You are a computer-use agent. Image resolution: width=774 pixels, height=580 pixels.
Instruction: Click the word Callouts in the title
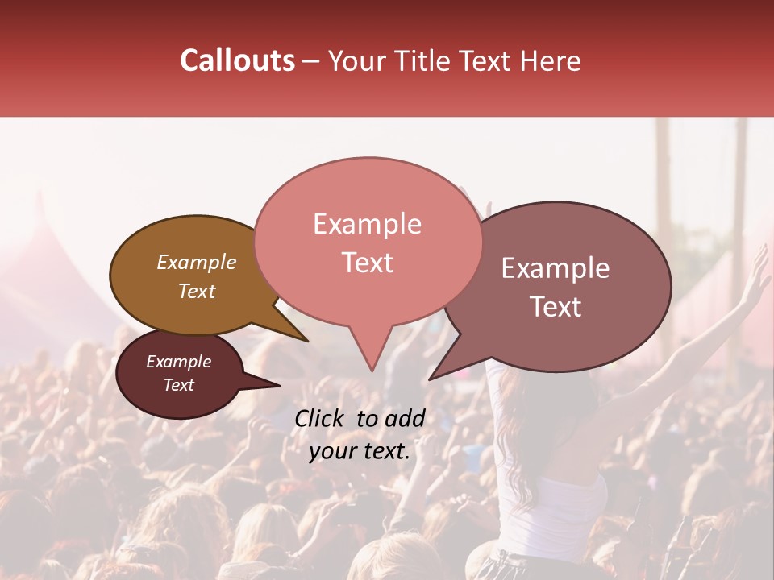coord(237,60)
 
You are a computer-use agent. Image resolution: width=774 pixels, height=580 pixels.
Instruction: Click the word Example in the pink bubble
coord(367,224)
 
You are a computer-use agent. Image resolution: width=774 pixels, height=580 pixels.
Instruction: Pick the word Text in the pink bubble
coord(367,263)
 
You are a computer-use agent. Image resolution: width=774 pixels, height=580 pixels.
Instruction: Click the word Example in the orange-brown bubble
coord(196,263)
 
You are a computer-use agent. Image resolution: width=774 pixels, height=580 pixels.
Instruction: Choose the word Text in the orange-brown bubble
coord(196,291)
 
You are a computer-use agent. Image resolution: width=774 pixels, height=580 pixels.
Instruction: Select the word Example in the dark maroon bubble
coord(178,362)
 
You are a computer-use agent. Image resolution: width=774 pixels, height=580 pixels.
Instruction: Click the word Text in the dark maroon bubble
coord(178,385)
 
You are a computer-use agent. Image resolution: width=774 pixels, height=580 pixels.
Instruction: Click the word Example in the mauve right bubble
coord(556,268)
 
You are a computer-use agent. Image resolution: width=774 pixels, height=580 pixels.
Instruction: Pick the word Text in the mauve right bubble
coord(556,306)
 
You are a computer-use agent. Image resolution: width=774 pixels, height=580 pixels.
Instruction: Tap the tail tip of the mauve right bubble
coord(431,379)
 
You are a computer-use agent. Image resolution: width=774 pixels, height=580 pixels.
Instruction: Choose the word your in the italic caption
coord(331,451)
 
